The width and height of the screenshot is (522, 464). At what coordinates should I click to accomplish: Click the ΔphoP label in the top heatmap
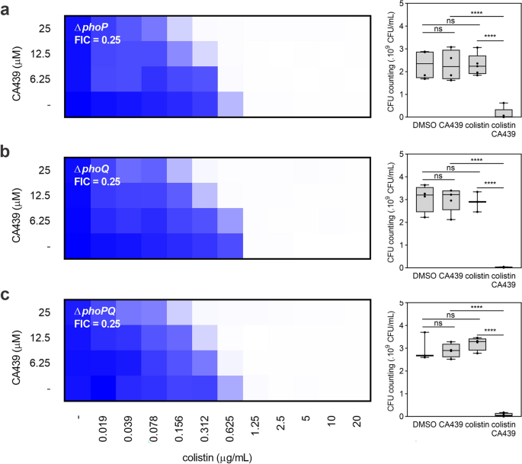[89, 27]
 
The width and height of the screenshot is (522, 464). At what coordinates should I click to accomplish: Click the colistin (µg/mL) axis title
[218, 456]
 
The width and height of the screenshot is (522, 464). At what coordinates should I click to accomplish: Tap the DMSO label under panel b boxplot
[425, 275]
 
